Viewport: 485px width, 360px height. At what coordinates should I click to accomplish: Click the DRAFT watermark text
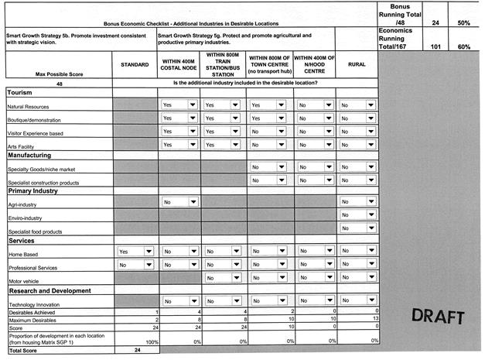tap(438, 317)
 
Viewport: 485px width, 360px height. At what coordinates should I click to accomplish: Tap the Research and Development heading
tap(50, 290)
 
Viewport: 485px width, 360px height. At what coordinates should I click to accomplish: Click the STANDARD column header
tap(135, 65)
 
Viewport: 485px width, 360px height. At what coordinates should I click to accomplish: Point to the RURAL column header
tap(357, 65)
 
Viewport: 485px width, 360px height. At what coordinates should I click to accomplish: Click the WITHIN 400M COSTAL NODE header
tap(179, 65)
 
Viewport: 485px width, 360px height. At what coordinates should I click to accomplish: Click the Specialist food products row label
tap(36, 231)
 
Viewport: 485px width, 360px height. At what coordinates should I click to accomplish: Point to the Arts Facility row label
tap(22, 147)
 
